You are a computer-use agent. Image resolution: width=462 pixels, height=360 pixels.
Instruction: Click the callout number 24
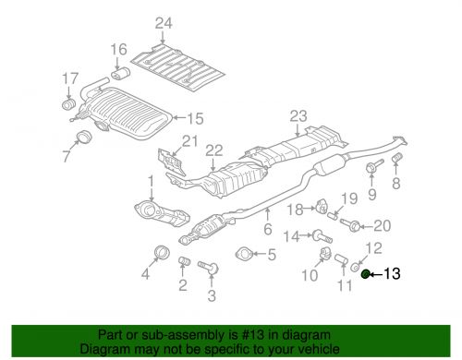[x=164, y=23]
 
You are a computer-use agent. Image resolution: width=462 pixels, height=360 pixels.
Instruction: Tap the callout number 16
[x=119, y=49]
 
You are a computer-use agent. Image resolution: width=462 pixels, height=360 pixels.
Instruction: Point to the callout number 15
[x=194, y=118]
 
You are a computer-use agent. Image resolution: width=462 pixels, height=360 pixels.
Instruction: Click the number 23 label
[x=297, y=115]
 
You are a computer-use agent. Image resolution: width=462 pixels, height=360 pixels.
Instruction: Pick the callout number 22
[x=214, y=150]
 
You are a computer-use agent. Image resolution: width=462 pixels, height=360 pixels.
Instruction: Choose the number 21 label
[x=189, y=140]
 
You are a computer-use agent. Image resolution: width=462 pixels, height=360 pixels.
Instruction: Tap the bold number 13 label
[x=392, y=273]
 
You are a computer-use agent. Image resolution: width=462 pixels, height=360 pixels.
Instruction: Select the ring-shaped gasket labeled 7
[x=81, y=139]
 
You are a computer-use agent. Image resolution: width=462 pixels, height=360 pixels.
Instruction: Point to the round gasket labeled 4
[x=159, y=253]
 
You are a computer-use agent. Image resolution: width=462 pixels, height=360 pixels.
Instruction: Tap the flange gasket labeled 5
[x=246, y=255]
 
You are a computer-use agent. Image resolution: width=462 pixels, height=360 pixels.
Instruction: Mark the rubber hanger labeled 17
[x=68, y=102]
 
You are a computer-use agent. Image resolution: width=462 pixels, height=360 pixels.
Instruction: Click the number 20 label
[x=383, y=224]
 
